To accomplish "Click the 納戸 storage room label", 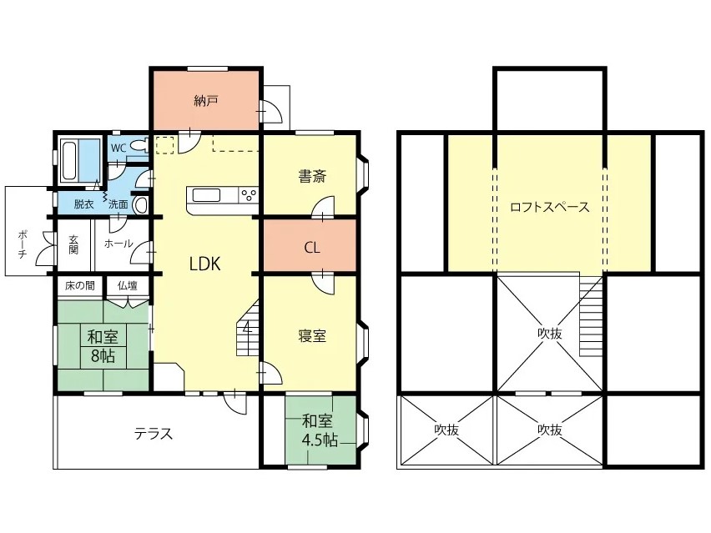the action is click(206, 101).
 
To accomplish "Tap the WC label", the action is click(118, 148).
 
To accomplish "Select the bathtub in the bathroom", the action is click(69, 161).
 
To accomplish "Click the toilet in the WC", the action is click(139, 145).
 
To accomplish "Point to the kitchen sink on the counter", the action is click(207, 195).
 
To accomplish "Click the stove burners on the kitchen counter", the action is click(249, 195).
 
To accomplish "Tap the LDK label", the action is click(205, 264).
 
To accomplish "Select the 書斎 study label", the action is click(312, 176).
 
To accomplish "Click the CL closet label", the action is click(312, 248).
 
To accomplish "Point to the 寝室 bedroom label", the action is click(312, 336).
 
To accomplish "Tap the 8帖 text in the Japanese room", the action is click(103, 356).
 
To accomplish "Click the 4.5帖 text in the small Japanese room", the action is click(320, 440).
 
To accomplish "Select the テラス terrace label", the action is click(154, 434).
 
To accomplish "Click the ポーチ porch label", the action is click(23, 244).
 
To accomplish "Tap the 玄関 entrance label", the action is click(73, 244).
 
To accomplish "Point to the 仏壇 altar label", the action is click(128, 286).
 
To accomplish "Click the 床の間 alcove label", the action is click(80, 286).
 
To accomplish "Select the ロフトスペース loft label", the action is click(550, 207).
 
